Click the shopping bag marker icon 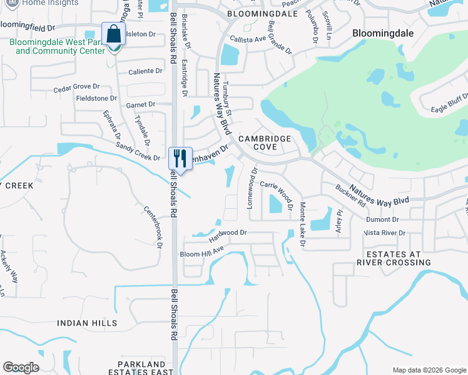[x=114, y=34]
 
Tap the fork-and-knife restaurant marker [x=180, y=157]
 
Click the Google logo [x=21, y=367]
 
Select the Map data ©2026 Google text [x=429, y=370]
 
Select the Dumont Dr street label [x=383, y=219]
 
